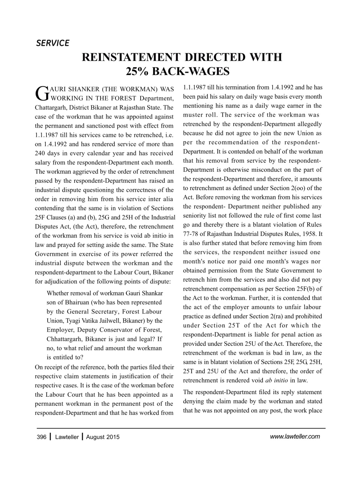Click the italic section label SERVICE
[x=52, y=43]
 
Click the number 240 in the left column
[x=40, y=153]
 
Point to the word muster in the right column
[x=192, y=115]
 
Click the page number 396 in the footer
[x=42, y=437]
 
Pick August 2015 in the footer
[x=103, y=437]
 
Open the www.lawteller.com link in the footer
[x=295, y=436]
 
